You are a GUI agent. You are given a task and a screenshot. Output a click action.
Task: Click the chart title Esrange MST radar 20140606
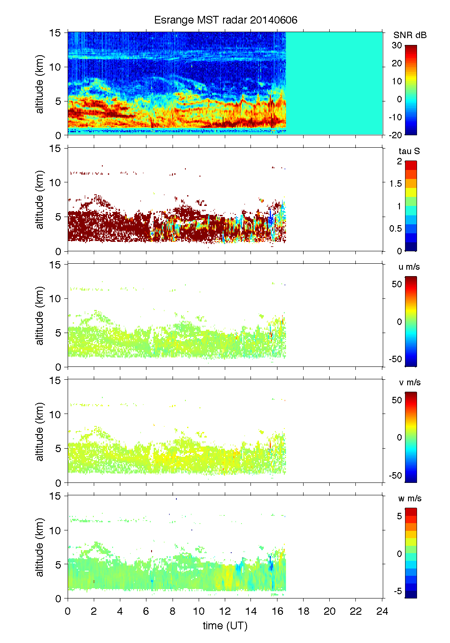tap(226, 20)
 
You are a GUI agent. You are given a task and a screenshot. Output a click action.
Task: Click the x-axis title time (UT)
tap(225, 625)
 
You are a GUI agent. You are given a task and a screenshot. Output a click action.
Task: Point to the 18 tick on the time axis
tap(304, 611)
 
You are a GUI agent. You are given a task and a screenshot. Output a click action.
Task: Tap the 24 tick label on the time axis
tap(382, 611)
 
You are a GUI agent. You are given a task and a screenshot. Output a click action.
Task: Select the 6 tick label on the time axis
tap(146, 611)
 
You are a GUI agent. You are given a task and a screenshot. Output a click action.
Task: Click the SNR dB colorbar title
tap(410, 35)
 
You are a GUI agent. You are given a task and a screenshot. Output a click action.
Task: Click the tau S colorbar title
tap(409, 151)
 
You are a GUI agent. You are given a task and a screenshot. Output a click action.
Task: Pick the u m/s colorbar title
tap(409, 267)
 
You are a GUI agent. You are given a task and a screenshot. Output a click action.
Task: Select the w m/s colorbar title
tap(410, 498)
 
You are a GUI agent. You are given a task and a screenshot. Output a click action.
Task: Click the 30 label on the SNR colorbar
tap(397, 45)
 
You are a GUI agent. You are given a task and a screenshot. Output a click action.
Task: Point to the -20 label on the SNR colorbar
tap(395, 135)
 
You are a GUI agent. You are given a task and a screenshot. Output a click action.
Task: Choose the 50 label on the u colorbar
tap(397, 284)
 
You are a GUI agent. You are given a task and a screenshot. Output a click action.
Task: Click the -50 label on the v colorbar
tap(395, 475)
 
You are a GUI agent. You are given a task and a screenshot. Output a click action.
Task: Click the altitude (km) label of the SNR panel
tap(40, 84)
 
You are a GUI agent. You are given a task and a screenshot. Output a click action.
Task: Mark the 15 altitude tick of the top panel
tap(56, 33)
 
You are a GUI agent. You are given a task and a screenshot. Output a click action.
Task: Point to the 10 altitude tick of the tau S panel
tap(56, 182)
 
